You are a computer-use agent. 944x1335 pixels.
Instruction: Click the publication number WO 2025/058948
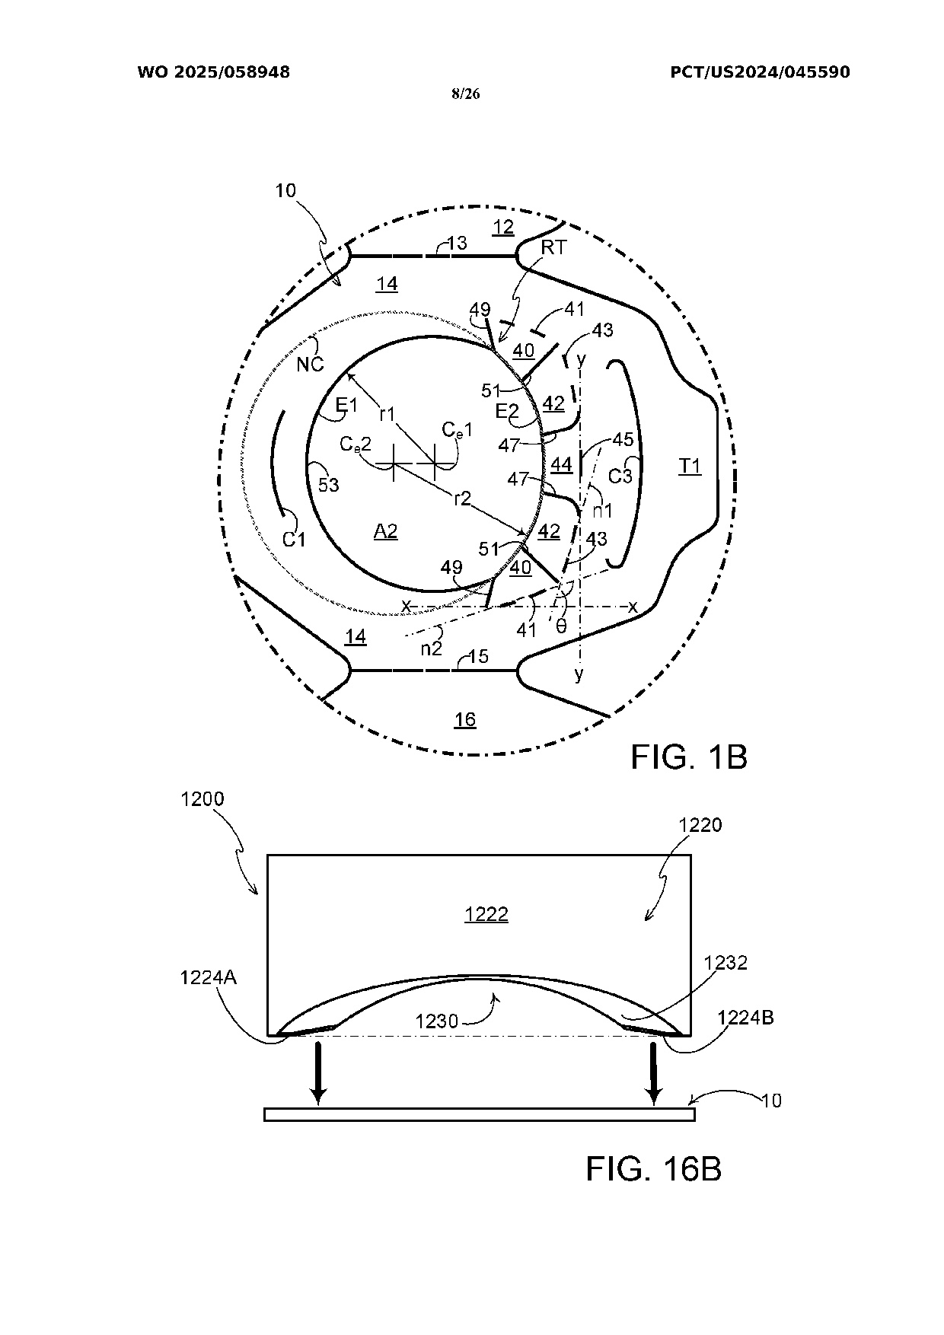tap(213, 72)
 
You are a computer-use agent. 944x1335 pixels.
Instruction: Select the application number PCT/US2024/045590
tap(760, 72)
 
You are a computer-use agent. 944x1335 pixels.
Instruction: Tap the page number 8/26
tap(465, 94)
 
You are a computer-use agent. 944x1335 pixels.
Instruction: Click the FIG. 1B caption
tap(689, 757)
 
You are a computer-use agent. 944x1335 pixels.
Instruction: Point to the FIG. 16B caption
tap(653, 1168)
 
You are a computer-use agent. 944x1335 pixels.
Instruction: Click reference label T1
tap(690, 466)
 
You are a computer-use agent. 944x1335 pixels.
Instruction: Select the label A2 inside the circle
tap(386, 530)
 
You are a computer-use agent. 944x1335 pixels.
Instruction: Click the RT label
tap(553, 247)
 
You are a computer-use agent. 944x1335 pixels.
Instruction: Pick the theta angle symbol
tap(561, 626)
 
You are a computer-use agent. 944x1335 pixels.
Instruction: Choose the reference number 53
tap(328, 484)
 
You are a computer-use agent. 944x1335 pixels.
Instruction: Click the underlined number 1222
tap(486, 914)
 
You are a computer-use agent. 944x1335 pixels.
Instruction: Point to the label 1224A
tap(209, 977)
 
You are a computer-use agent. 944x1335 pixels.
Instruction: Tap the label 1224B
tap(746, 1018)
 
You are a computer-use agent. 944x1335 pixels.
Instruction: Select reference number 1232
tap(726, 963)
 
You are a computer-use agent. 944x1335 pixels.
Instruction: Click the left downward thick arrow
tap(318, 1073)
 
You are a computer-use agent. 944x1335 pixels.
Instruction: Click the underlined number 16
tap(465, 719)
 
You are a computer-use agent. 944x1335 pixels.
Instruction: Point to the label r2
tap(463, 499)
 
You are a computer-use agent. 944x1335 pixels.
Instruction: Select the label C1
tap(294, 540)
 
